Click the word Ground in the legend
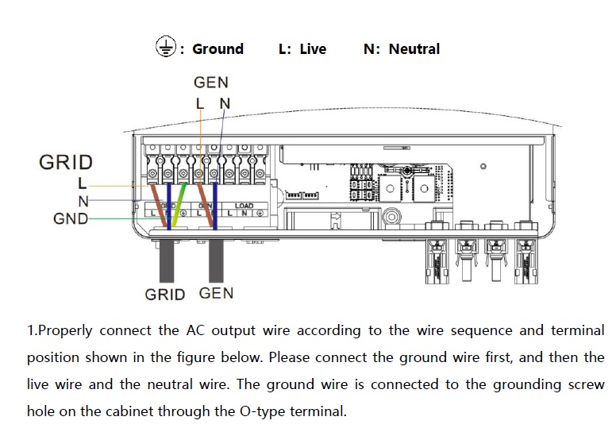coord(218,49)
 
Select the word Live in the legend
coord(313,49)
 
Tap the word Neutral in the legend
coord(414,49)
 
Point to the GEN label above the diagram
coord(210,83)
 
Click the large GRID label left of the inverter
coord(66,163)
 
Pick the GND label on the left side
coord(71,218)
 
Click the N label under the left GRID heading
coord(83,202)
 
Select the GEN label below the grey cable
coord(216,293)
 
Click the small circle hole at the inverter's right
coord(484,167)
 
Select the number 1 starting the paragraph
coord(30,330)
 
